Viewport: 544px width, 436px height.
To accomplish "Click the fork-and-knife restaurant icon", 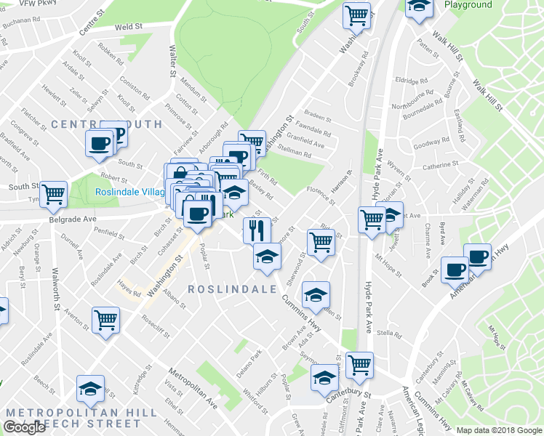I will pyautogui.click(x=256, y=230).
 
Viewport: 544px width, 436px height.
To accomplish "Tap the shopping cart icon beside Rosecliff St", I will pyautogui.click(x=105, y=319).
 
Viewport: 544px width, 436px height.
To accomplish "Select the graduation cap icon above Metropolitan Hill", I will pyautogui.click(x=91, y=389).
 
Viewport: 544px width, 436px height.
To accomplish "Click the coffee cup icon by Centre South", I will pyautogui.click(x=100, y=142).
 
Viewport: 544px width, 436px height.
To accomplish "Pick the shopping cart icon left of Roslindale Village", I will pyautogui.click(x=53, y=194).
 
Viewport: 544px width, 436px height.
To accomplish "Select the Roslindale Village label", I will pyautogui.click(x=131, y=193).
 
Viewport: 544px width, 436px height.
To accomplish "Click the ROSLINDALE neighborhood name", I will pyautogui.click(x=233, y=288).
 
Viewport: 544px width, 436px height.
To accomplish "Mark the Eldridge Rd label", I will pyautogui.click(x=412, y=81).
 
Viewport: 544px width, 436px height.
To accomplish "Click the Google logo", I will pyautogui.click(x=25, y=427).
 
